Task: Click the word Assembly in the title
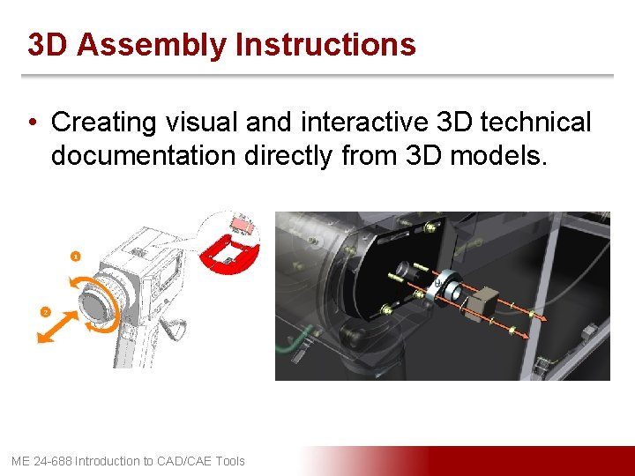point(151,44)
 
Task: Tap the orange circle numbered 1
point(76,257)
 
